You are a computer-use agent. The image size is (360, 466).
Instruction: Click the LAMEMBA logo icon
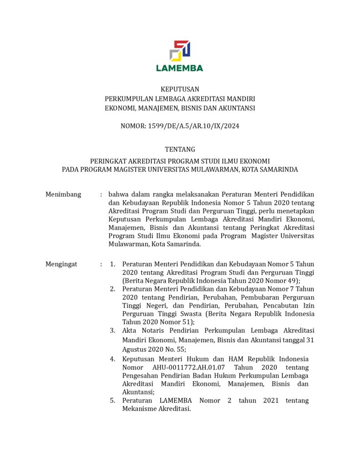coord(180,50)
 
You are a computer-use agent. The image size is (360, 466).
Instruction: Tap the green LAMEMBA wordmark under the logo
coord(180,68)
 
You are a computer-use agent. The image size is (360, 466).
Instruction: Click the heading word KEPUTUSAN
coord(180,89)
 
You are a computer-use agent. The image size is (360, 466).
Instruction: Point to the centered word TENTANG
coord(180,149)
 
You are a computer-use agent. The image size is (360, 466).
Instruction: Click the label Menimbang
coord(63,194)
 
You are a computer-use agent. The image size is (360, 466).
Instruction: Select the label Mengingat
coord(61,264)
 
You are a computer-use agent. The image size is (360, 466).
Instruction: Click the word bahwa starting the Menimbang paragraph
coord(118,194)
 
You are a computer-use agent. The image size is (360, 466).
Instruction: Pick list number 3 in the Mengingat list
coord(112,330)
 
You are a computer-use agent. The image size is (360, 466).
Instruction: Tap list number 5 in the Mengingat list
coord(112,400)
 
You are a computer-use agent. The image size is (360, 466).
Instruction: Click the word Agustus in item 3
coord(135,349)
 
